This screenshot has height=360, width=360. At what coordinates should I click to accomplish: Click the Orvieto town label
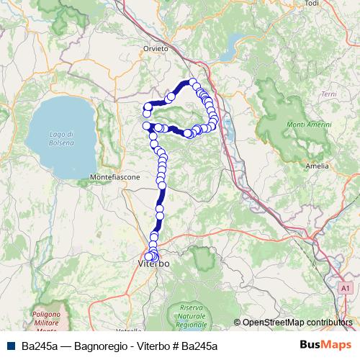[155, 48]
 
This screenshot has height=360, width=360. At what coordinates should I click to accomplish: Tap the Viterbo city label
[153, 265]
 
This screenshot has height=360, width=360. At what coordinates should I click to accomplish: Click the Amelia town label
[317, 166]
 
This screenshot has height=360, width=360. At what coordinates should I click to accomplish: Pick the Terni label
[329, 94]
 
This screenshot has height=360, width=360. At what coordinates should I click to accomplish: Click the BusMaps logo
[324, 346]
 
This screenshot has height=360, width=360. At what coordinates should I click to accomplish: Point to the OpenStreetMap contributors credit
[296, 323]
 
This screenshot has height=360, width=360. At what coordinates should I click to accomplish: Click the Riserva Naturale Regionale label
[188, 318]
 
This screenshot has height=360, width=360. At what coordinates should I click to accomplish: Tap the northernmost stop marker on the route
[193, 82]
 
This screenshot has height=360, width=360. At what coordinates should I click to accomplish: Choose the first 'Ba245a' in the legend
[40, 346]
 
